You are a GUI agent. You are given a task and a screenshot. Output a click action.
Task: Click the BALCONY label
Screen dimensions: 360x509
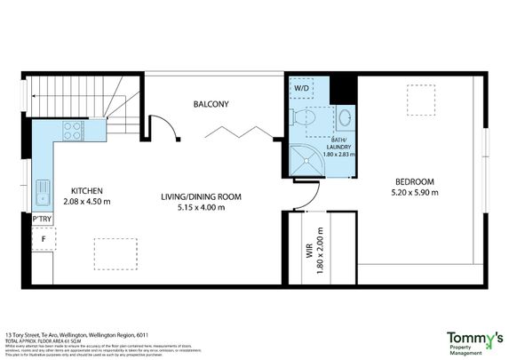[211, 104]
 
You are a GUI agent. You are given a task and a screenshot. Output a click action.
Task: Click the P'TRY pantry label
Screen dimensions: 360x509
[41, 218]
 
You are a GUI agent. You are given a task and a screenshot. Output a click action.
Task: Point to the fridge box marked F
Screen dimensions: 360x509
[42, 238]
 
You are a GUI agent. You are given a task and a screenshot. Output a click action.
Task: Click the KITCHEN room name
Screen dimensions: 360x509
[88, 190]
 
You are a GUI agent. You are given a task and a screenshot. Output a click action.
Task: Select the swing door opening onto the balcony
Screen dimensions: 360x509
[164, 129]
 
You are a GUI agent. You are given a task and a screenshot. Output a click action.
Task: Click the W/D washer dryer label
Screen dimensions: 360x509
[302, 88]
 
